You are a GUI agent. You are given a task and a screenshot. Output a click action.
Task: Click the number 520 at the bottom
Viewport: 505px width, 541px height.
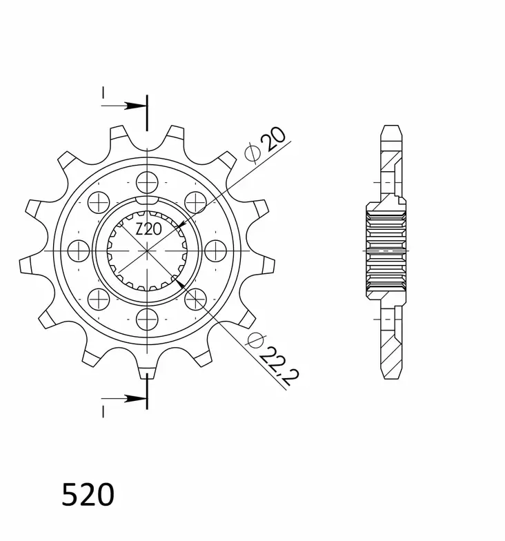88,495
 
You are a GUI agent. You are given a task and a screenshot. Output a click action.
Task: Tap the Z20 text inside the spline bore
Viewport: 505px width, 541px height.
148,229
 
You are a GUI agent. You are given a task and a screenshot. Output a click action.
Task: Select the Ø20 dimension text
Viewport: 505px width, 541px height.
265,144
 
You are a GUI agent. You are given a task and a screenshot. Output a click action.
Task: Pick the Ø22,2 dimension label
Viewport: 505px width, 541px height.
273,359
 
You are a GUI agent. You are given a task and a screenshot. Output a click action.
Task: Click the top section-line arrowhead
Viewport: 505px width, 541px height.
135,106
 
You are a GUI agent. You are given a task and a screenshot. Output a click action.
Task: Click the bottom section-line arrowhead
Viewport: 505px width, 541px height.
135,399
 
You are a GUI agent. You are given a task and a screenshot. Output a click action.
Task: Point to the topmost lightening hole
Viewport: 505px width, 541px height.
148,182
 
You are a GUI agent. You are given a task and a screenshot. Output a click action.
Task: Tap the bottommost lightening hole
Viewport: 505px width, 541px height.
148,319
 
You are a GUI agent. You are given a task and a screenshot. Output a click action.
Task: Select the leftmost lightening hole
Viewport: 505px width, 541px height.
79,251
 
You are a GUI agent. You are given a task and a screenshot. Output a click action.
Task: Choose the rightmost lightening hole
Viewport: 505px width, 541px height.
215,251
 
